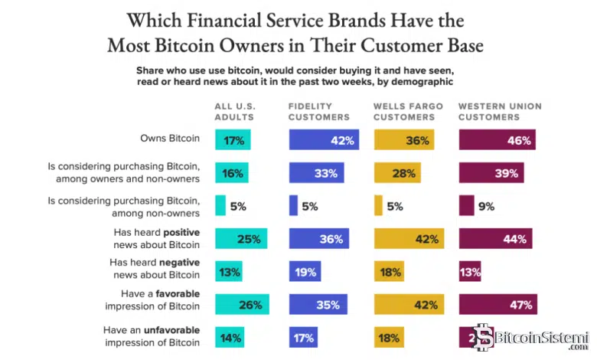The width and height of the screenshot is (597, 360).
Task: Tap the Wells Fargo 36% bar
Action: (403, 140)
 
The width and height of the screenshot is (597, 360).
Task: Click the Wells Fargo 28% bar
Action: (396, 173)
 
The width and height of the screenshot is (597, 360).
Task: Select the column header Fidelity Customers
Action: (319, 112)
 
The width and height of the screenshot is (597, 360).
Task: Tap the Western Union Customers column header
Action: (488, 112)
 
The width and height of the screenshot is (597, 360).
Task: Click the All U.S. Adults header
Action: (233, 112)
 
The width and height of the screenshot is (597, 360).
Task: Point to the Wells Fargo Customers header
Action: (405, 112)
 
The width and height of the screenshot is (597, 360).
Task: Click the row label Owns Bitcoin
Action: (170, 139)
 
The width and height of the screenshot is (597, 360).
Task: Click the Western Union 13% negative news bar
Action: (470, 271)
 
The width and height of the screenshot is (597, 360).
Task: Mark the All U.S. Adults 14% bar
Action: (230, 337)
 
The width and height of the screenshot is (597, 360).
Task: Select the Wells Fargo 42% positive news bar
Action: (408, 239)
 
